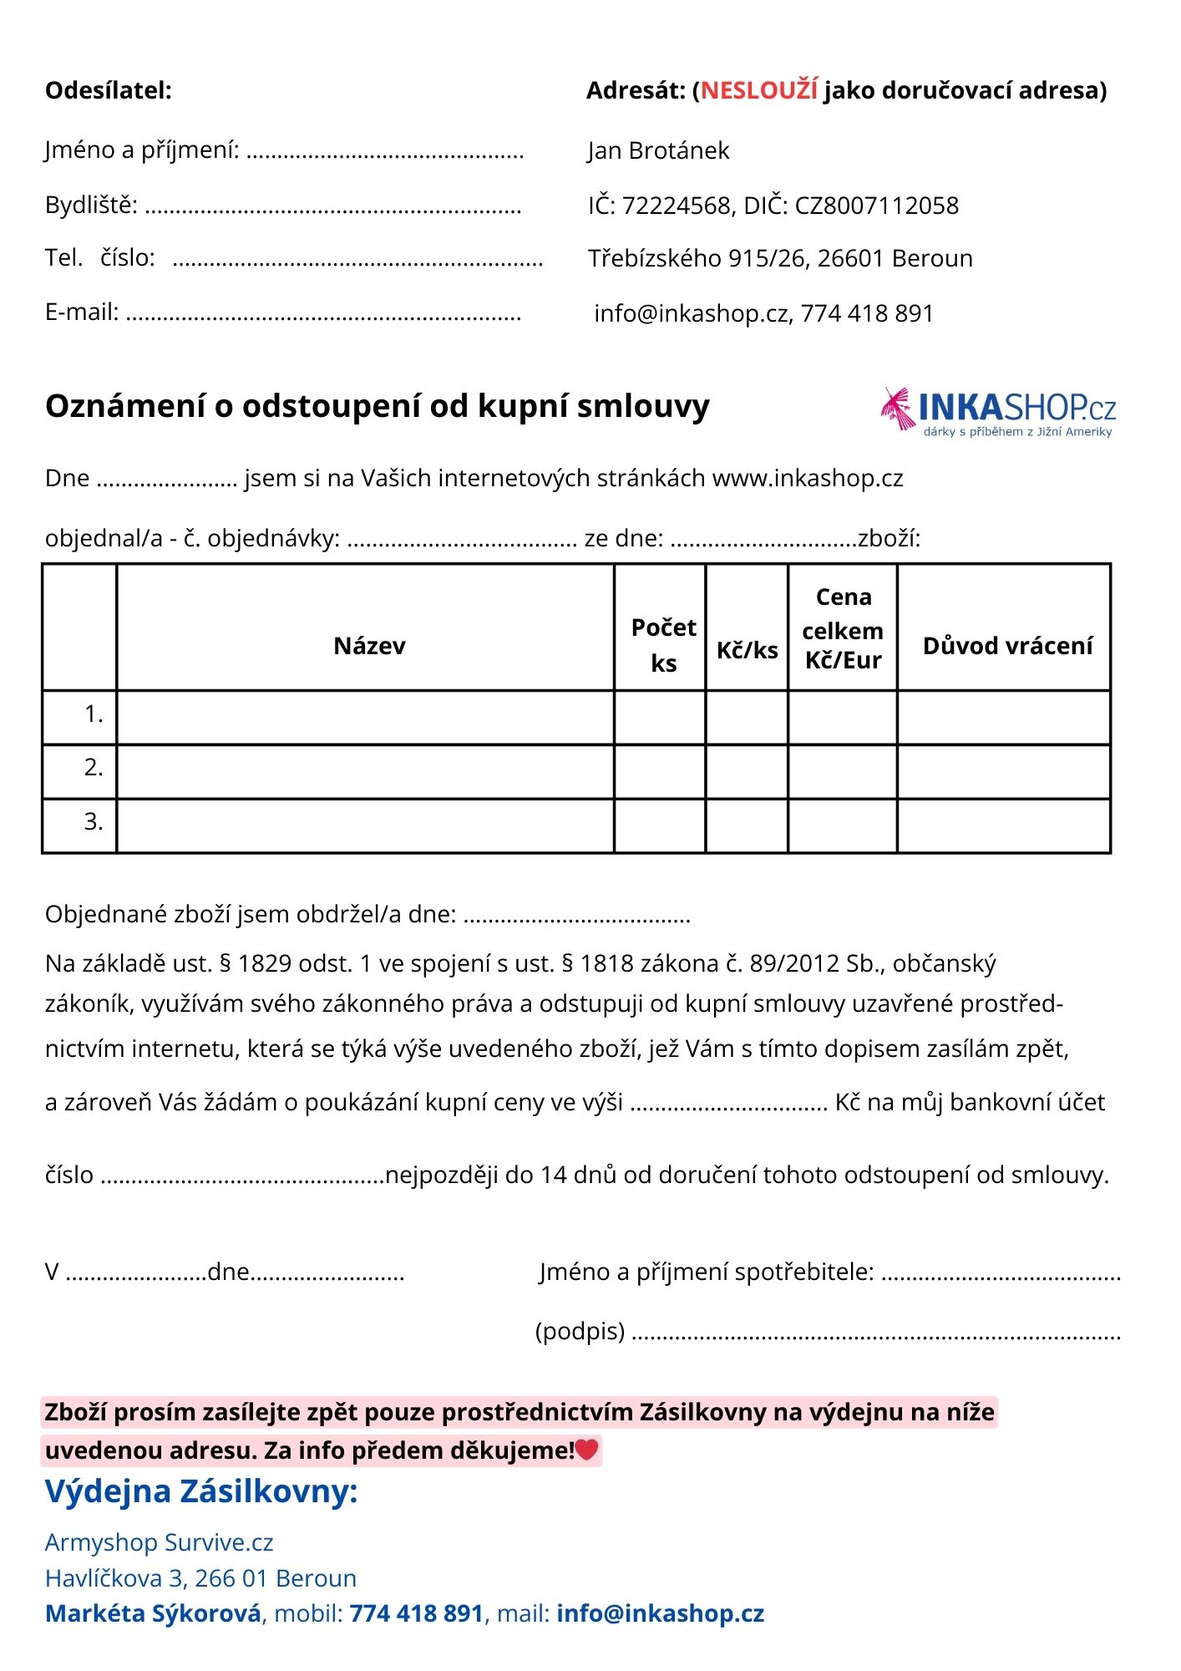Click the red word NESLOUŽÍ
click(758, 90)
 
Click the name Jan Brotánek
click(658, 150)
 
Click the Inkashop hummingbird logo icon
click(898, 408)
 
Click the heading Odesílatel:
click(109, 90)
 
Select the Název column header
click(369, 646)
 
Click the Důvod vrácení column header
click(1007, 646)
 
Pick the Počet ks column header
click(663, 645)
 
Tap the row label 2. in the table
click(94, 768)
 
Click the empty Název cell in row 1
click(365, 717)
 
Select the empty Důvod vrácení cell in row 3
click(1004, 825)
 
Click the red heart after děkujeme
click(587, 1450)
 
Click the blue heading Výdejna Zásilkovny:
click(201, 1491)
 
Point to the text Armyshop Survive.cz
click(160, 1542)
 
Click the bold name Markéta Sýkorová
click(153, 1613)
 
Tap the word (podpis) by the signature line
click(580, 1330)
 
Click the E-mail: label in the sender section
click(82, 312)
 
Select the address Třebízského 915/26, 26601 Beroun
click(780, 259)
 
